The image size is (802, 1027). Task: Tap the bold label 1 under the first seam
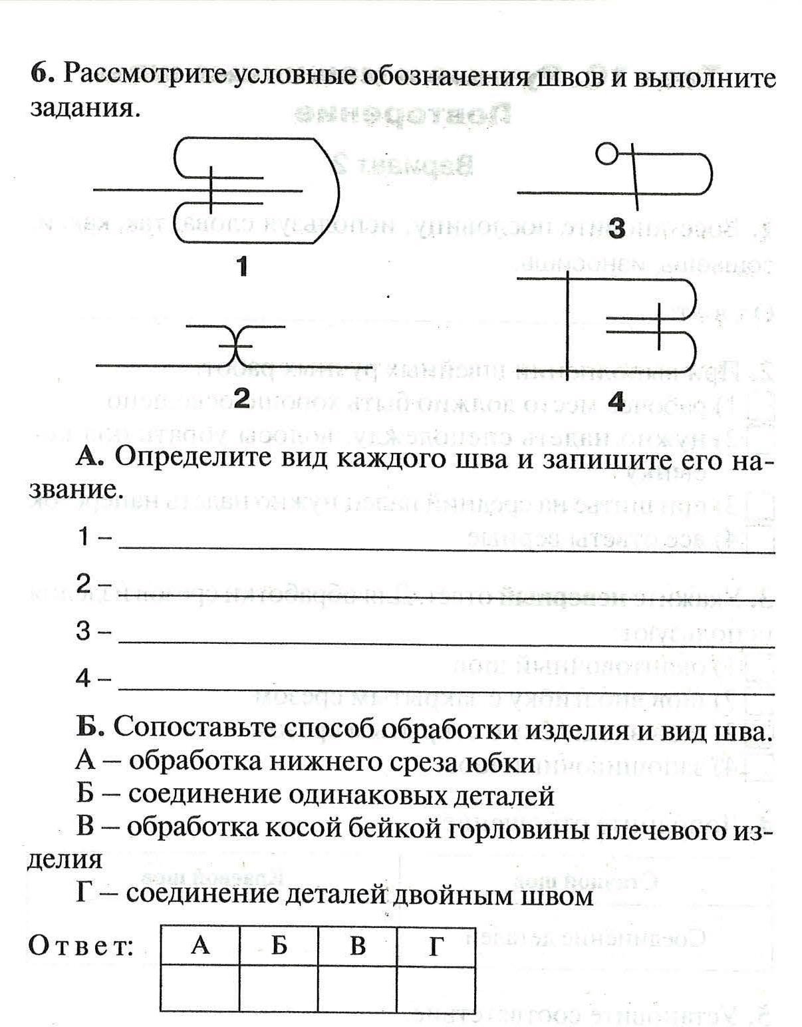click(242, 267)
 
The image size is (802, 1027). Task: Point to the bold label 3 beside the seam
click(617, 228)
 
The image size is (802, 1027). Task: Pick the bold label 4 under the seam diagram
click(617, 401)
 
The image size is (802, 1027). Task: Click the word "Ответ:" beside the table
click(81, 946)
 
